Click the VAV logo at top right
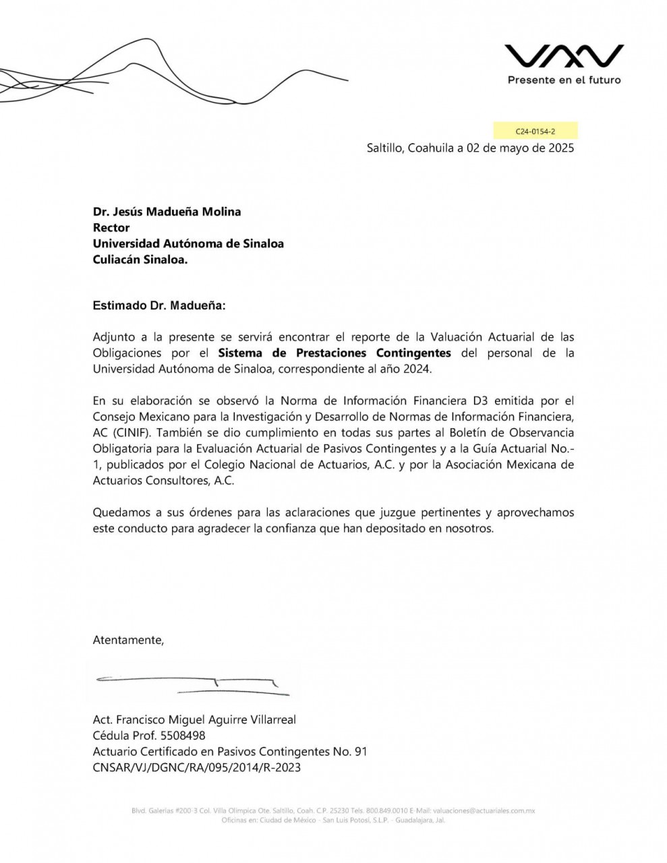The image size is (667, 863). pyautogui.click(x=564, y=57)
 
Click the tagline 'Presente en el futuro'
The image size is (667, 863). pyautogui.click(x=564, y=80)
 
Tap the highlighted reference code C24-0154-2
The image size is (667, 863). pyautogui.click(x=535, y=131)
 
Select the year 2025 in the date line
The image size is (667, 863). pyautogui.click(x=560, y=148)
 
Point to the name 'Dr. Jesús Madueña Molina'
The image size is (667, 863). pyautogui.click(x=167, y=212)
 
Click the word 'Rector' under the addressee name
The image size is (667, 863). pyautogui.click(x=111, y=228)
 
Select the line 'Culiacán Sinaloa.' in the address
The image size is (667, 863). pyautogui.click(x=140, y=260)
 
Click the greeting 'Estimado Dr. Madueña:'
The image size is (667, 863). pyautogui.click(x=159, y=305)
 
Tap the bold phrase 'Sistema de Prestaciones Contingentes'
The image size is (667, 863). pyautogui.click(x=335, y=353)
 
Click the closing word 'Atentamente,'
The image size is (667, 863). pyautogui.click(x=128, y=640)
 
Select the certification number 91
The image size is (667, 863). pyautogui.click(x=360, y=752)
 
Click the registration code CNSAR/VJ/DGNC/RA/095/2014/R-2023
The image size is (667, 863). pyautogui.click(x=196, y=768)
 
